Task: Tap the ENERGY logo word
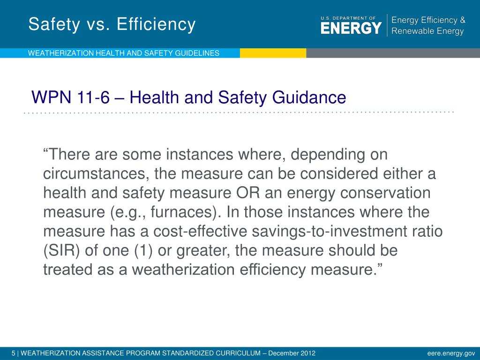coord(351,28)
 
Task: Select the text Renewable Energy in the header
coord(427,31)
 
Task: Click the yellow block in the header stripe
coord(273,53)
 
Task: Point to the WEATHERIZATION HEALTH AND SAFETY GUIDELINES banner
coord(124,53)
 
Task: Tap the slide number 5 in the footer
coord(14,353)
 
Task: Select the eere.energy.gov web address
coord(451,353)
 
